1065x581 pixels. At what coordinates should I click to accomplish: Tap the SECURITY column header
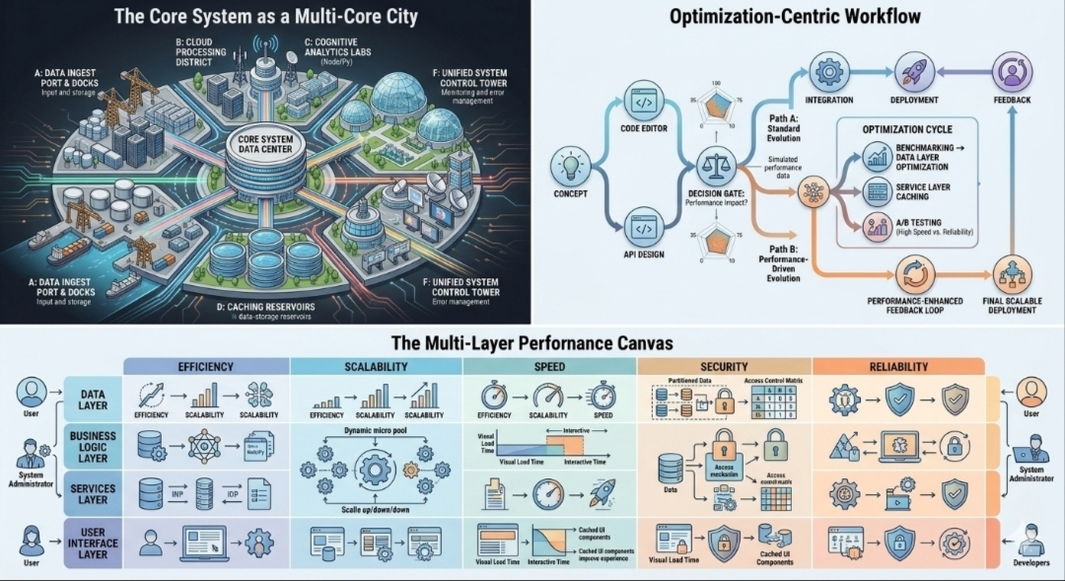[x=724, y=366]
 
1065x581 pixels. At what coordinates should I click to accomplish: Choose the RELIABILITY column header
[x=898, y=366]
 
